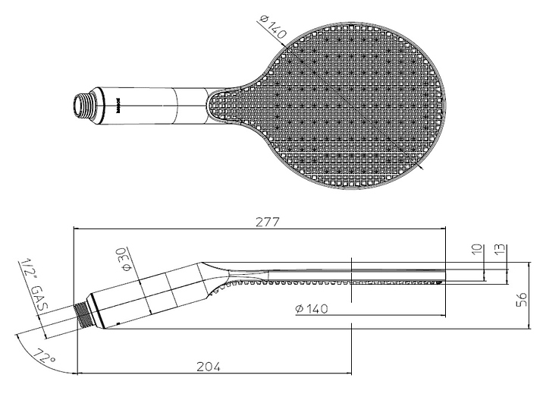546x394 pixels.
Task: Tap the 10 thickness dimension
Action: pos(475,251)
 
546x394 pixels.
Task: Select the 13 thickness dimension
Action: pos(500,251)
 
